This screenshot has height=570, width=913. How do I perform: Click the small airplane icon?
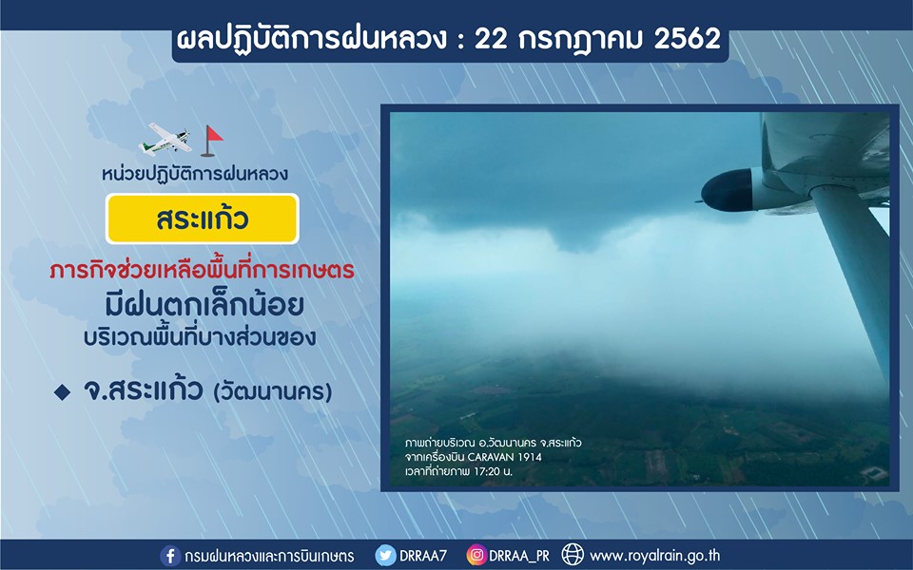pyautogui.click(x=165, y=140)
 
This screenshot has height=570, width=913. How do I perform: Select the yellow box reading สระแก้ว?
pyautogui.click(x=202, y=218)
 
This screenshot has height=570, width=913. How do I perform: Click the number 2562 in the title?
pyautogui.click(x=688, y=38)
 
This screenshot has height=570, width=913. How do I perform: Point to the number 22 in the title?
pyautogui.click(x=491, y=38)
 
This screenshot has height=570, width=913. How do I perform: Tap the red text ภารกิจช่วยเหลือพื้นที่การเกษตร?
pyautogui.click(x=202, y=270)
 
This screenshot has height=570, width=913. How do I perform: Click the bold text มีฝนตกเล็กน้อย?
pyautogui.click(x=204, y=305)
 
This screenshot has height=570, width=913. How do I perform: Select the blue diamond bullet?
pyautogui.click(x=63, y=392)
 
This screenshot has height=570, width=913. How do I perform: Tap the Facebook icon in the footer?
pyautogui.click(x=170, y=556)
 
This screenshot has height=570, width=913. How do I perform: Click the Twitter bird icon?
pyautogui.click(x=385, y=556)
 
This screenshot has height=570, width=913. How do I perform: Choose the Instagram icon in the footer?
pyautogui.click(x=476, y=555)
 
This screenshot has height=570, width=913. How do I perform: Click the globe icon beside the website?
pyautogui.click(x=573, y=555)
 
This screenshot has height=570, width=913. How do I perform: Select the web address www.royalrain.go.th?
pyautogui.click(x=654, y=557)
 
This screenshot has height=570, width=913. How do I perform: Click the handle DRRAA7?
pyautogui.click(x=423, y=556)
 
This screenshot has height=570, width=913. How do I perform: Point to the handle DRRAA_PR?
pyautogui.click(x=519, y=557)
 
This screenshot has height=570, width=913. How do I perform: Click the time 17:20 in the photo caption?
pyautogui.click(x=487, y=472)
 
